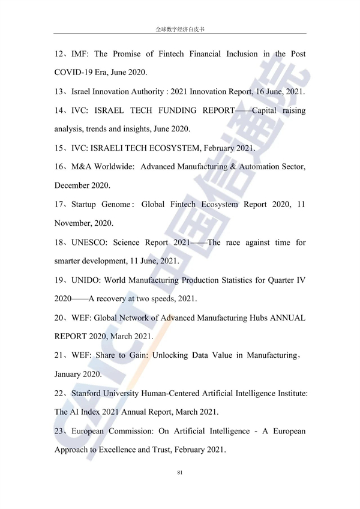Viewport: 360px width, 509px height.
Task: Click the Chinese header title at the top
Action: tap(180, 29)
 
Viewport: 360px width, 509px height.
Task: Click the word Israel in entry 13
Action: tap(83, 92)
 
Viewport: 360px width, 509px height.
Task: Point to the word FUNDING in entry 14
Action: tap(182, 110)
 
